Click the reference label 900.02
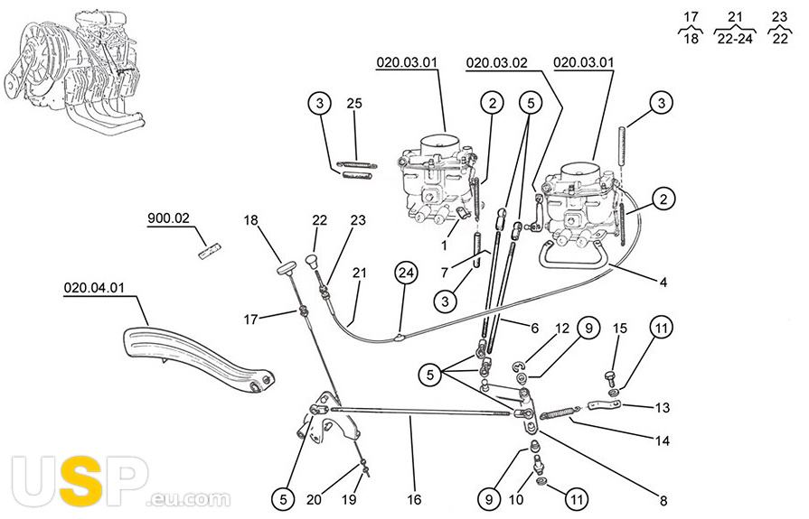coord(169,218)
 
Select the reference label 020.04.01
coord(94,289)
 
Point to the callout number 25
coord(354,104)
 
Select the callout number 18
coord(250,219)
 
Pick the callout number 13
coord(663,408)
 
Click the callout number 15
coord(619,329)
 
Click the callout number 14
coord(663,442)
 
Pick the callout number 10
coord(517,498)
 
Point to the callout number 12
coord(560,329)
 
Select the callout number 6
coord(535,329)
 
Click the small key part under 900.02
coord(210,246)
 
